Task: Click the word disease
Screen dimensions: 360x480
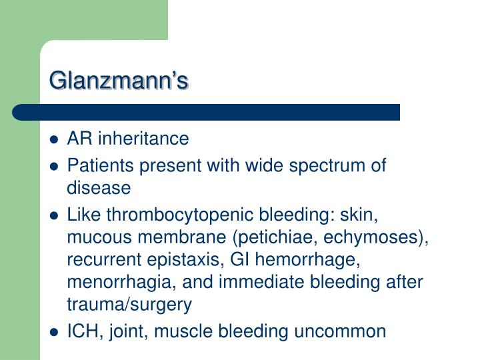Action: pyautogui.click(x=99, y=189)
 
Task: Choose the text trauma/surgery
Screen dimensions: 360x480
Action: pyautogui.click(x=129, y=305)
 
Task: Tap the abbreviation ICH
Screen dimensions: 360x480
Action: pyautogui.click(x=81, y=331)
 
